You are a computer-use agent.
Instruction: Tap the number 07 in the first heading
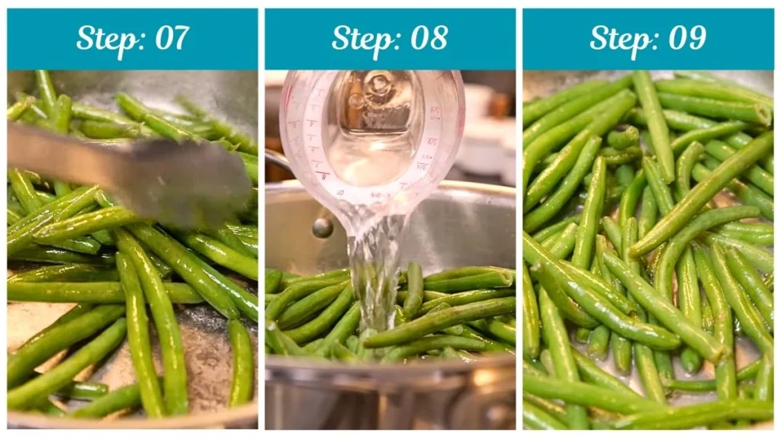pos(172,38)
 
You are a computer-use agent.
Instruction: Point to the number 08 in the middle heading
pos(429,38)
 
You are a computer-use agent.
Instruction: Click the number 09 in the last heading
pos(687,38)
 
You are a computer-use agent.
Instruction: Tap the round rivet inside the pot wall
pos(323,227)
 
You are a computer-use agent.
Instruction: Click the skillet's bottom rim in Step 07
pos(130,420)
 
